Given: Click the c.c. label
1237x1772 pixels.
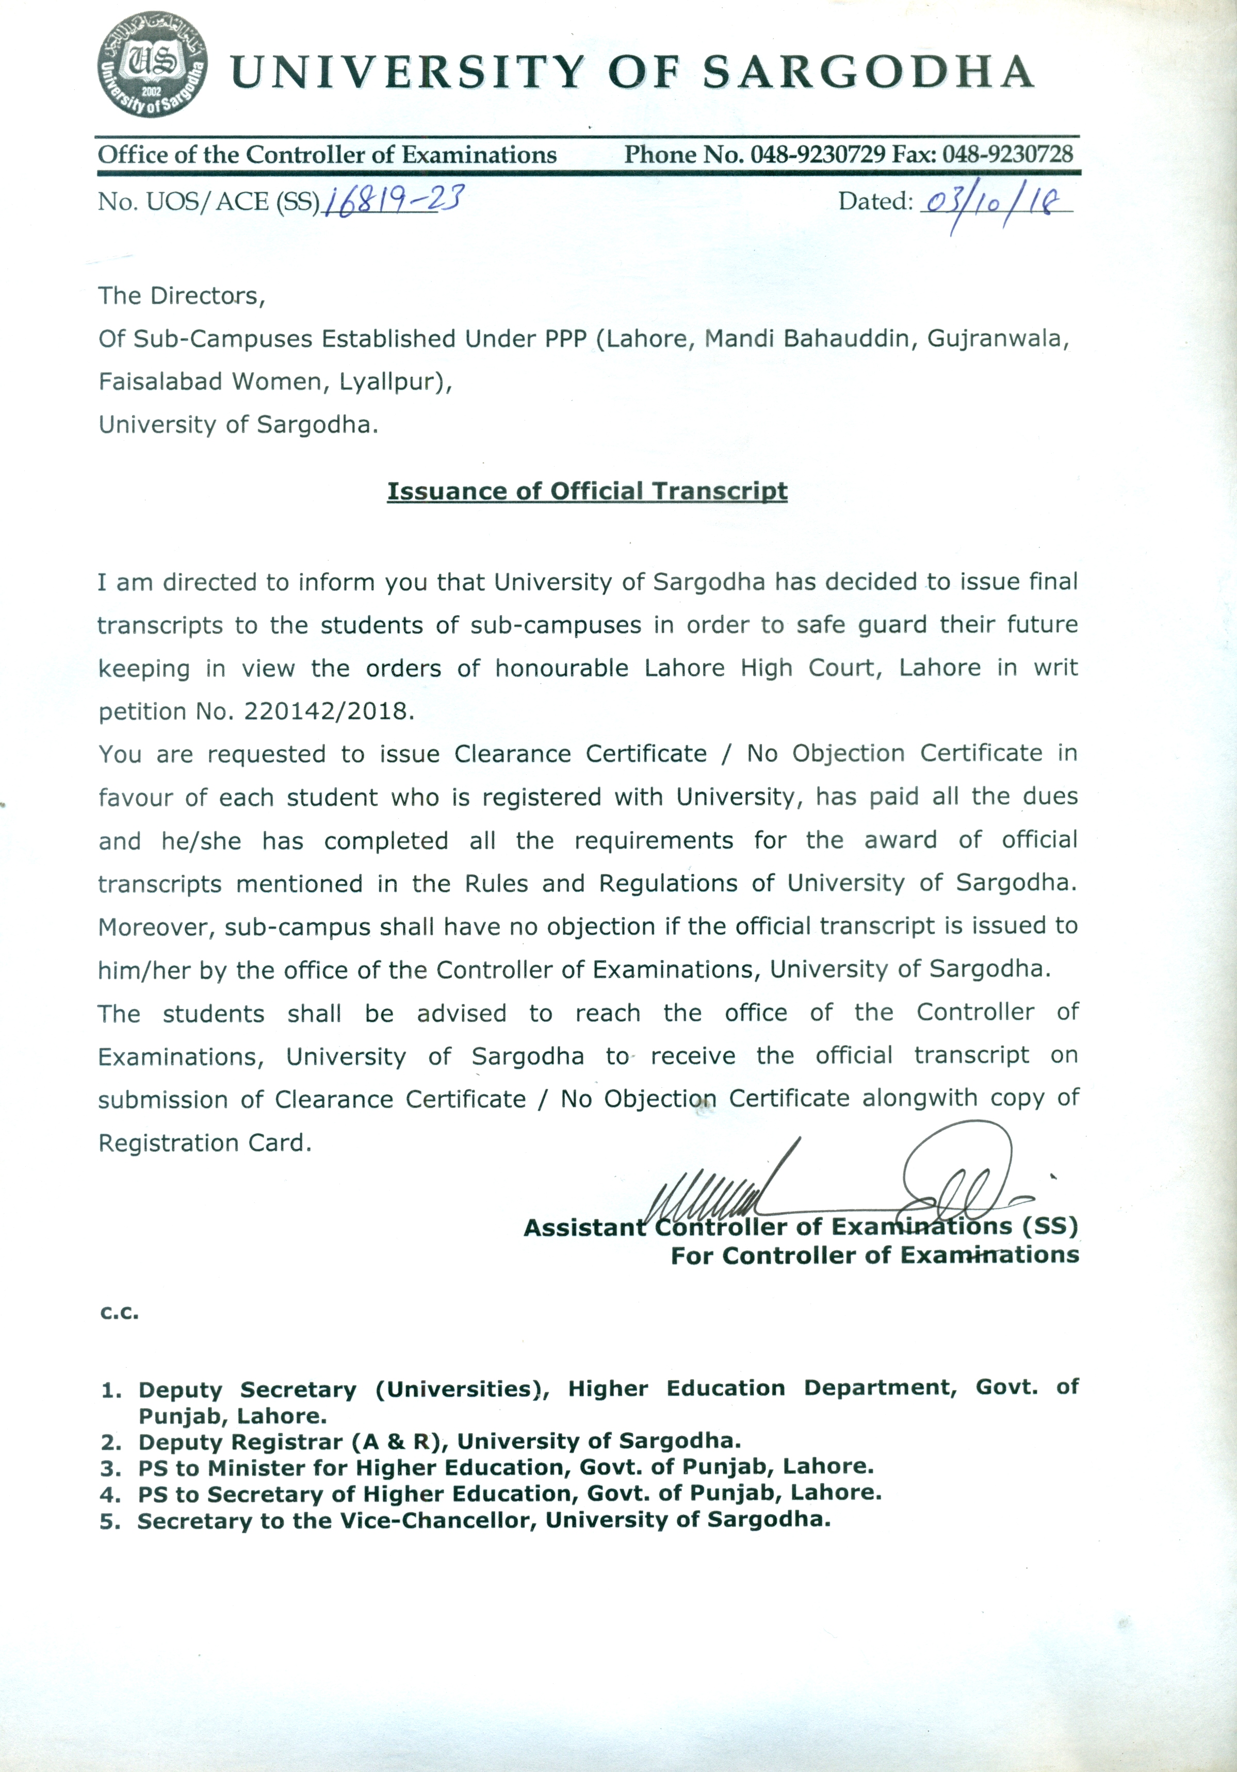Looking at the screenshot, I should [x=119, y=1312].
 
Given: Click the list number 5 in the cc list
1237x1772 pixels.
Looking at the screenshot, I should [x=109, y=1521].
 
